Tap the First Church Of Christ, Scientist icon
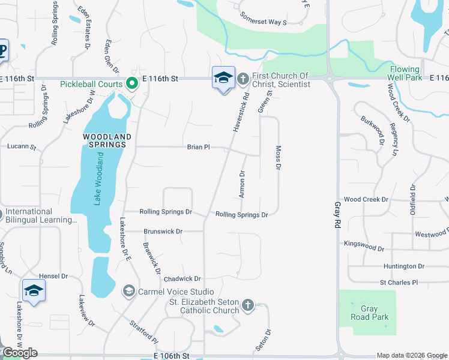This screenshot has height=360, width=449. point(243,79)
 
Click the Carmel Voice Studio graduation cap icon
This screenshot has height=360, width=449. point(128,292)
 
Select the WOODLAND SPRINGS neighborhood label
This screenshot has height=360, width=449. point(104,140)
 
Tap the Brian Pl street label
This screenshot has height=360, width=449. point(198,146)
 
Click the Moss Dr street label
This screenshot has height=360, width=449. point(278,158)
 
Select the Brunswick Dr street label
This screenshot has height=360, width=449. point(162,231)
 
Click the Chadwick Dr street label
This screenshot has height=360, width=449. point(182,279)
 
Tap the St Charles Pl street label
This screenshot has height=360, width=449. point(399,282)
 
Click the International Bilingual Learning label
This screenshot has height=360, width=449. point(41,216)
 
